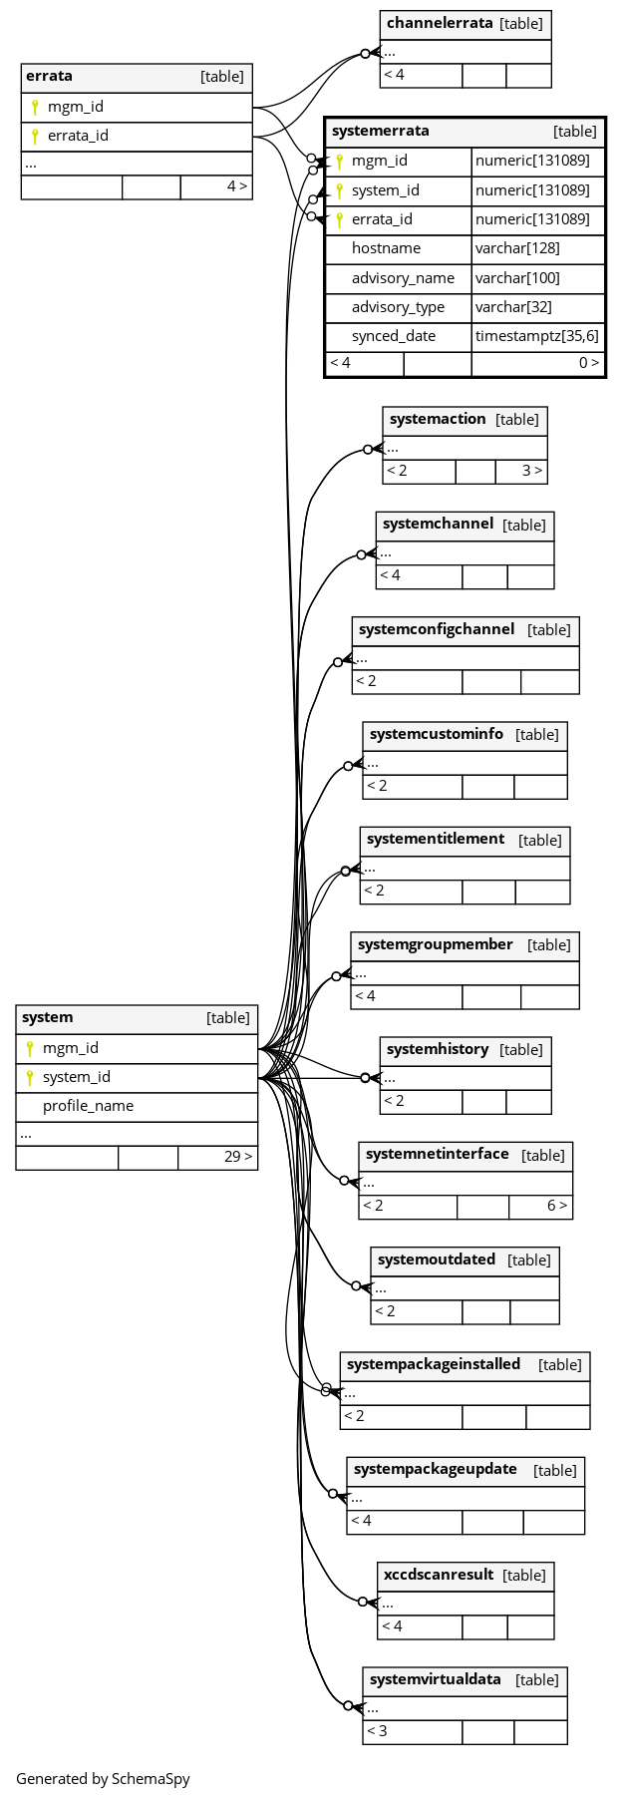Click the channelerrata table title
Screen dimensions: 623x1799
click(440, 23)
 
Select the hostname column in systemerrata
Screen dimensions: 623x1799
click(386, 248)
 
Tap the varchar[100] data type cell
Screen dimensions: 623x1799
click(517, 278)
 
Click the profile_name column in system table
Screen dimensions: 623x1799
click(88, 1106)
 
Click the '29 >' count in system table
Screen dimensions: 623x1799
click(238, 1157)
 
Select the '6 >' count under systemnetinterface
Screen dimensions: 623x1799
click(557, 1206)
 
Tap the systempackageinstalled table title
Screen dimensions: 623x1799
click(434, 1364)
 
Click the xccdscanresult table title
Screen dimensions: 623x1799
click(439, 1575)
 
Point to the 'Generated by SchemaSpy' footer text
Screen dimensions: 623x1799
click(103, 1778)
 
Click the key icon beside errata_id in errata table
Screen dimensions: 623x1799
click(35, 137)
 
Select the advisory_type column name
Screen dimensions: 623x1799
click(398, 307)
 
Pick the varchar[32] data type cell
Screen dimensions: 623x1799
click(513, 307)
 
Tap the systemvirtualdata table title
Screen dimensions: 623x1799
click(436, 1679)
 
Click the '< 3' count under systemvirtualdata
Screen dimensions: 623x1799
click(377, 1731)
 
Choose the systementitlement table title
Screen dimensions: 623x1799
click(436, 839)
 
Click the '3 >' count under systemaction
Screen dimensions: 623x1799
click(532, 471)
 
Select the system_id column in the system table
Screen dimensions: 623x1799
click(77, 1077)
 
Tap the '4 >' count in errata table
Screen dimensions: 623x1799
click(237, 186)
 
